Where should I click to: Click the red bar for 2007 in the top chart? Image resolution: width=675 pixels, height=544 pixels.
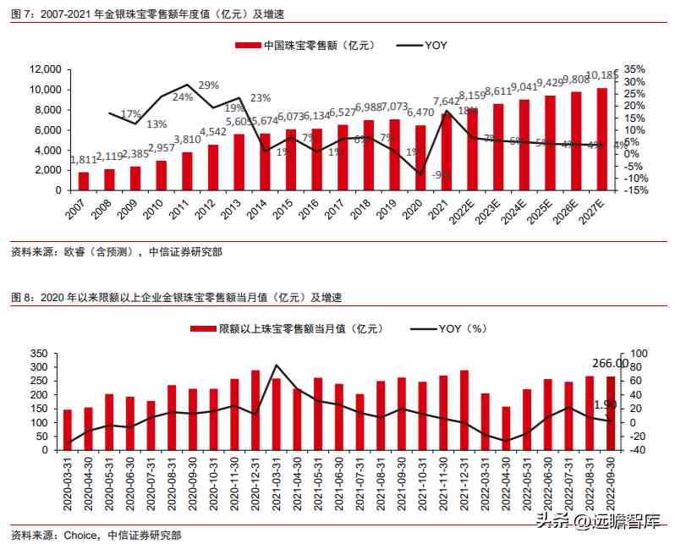point(84,181)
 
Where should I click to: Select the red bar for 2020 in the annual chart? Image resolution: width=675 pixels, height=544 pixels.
point(420,157)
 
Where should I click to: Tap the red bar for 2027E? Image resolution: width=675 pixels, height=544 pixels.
point(601,139)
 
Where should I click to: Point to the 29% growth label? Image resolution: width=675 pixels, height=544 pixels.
point(209,85)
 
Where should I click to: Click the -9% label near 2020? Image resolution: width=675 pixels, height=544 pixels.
point(441,175)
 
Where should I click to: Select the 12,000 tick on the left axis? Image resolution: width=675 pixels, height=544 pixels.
point(46,69)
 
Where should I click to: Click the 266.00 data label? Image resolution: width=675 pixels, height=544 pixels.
point(610,363)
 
